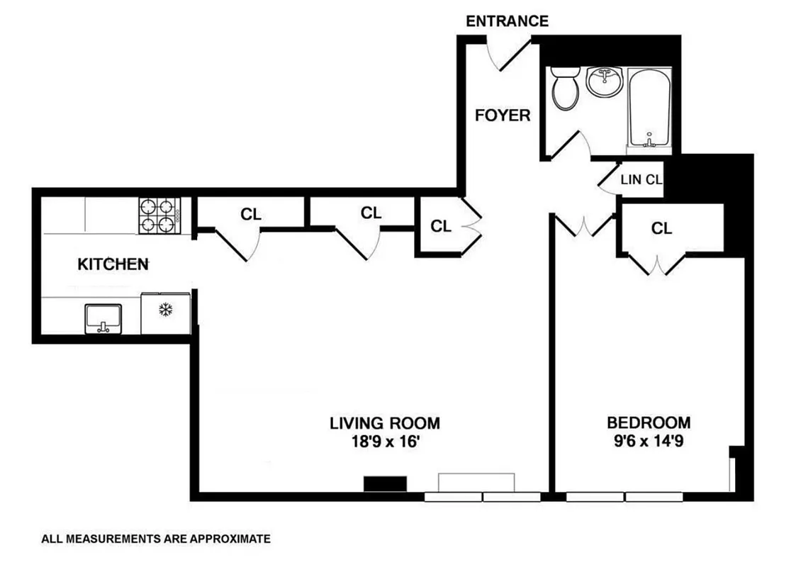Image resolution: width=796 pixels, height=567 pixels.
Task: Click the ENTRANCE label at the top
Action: (507, 21)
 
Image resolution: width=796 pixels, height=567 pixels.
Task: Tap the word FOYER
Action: (503, 115)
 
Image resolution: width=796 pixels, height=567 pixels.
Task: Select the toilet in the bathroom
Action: (566, 89)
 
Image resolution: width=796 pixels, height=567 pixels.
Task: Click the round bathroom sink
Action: (605, 83)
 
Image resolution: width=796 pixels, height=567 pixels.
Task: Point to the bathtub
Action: (649, 107)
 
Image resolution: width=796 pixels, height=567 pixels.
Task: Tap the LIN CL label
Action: (641, 180)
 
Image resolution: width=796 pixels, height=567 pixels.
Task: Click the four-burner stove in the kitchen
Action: (159, 215)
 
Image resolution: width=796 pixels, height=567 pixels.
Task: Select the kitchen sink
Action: (103, 318)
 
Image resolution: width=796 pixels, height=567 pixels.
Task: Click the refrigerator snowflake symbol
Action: (165, 310)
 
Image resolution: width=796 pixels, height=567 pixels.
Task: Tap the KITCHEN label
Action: (113, 264)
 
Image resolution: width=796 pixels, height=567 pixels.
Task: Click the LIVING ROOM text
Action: (385, 423)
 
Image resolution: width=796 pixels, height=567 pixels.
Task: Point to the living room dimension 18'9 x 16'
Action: (385, 441)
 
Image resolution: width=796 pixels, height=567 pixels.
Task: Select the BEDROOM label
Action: (649, 423)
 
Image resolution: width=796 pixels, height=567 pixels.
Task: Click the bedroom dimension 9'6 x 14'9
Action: (649, 441)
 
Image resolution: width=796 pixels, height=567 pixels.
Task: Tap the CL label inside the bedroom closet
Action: (661, 228)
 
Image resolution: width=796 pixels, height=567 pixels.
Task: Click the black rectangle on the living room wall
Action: (385, 484)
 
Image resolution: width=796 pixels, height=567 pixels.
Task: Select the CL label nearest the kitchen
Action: (250, 214)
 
